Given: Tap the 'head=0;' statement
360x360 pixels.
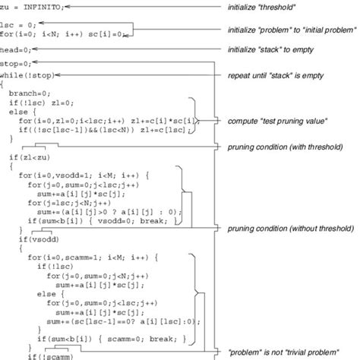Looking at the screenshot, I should coord(16,47).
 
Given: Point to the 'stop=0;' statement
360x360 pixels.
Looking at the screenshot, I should coord(16,65).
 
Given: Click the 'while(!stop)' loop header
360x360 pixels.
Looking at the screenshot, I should coord(26,75).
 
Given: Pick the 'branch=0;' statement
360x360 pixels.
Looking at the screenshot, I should coord(30,93).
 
